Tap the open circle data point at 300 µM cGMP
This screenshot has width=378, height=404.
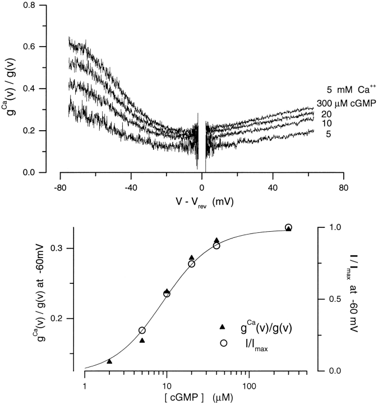tap(288, 227)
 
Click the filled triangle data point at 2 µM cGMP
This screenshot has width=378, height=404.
tap(109, 361)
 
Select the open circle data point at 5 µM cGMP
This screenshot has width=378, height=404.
tap(142, 330)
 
